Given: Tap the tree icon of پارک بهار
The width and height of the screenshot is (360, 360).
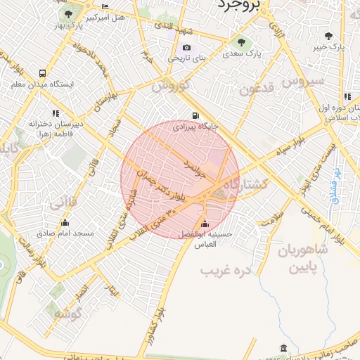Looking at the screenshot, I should pyautogui.click(x=67, y=13).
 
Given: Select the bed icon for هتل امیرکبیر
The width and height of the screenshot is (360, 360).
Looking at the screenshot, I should pyautogui.click(x=105, y=8).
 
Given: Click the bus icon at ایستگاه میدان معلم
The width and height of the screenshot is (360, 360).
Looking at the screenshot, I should pyautogui.click(x=44, y=73).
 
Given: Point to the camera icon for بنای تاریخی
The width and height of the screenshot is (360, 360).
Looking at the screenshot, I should pyautogui.click(x=186, y=48).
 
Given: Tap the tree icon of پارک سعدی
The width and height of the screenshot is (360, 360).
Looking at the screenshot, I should pyautogui.click(x=243, y=43).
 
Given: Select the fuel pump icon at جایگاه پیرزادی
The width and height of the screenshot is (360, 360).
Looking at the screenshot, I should pyautogui.click(x=194, y=116).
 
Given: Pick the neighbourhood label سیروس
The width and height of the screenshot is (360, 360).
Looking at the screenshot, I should pyautogui.click(x=303, y=80).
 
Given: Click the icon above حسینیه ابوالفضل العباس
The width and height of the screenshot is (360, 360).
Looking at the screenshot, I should pyautogui.click(x=205, y=224).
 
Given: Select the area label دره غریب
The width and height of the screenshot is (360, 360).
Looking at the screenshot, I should pyautogui.click(x=226, y=270).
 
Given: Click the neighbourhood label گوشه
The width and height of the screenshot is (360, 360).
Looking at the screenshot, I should pyautogui.click(x=68, y=314).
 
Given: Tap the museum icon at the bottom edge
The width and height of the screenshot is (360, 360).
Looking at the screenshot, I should pyautogui.click(x=283, y=349).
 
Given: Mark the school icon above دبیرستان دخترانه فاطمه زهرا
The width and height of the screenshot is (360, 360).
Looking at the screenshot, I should pyautogui.click(x=56, y=113).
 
